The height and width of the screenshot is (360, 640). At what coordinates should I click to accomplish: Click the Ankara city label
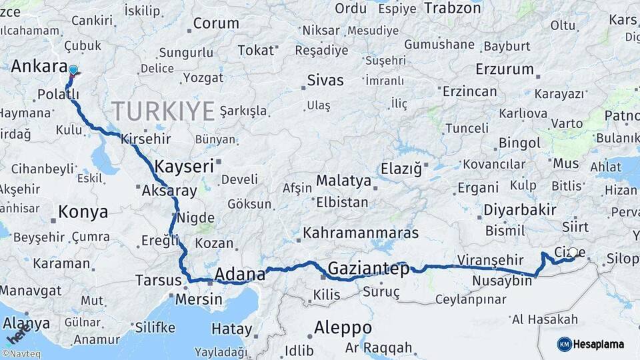coord(39,67)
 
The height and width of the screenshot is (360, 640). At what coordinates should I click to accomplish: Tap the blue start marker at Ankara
coord(73,69)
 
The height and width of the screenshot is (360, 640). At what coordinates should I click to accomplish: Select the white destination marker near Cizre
coord(573,253)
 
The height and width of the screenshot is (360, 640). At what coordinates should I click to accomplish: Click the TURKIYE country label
coord(163,111)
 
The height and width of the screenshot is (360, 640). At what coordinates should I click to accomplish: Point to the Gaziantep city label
coord(367,269)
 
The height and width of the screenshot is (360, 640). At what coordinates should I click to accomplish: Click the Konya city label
coord(83,212)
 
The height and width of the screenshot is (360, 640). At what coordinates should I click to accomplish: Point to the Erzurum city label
coord(505,69)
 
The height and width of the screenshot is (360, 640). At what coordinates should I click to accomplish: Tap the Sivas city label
coord(325,81)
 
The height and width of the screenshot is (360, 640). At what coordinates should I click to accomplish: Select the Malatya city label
coord(343,180)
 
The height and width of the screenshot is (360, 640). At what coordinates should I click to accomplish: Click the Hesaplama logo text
coord(600,344)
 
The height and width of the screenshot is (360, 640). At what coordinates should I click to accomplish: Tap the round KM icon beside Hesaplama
coord(565,344)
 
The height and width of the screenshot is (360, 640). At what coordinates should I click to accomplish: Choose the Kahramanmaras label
coord(361,233)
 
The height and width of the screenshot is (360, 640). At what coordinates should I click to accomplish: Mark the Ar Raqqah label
coord(379,347)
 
